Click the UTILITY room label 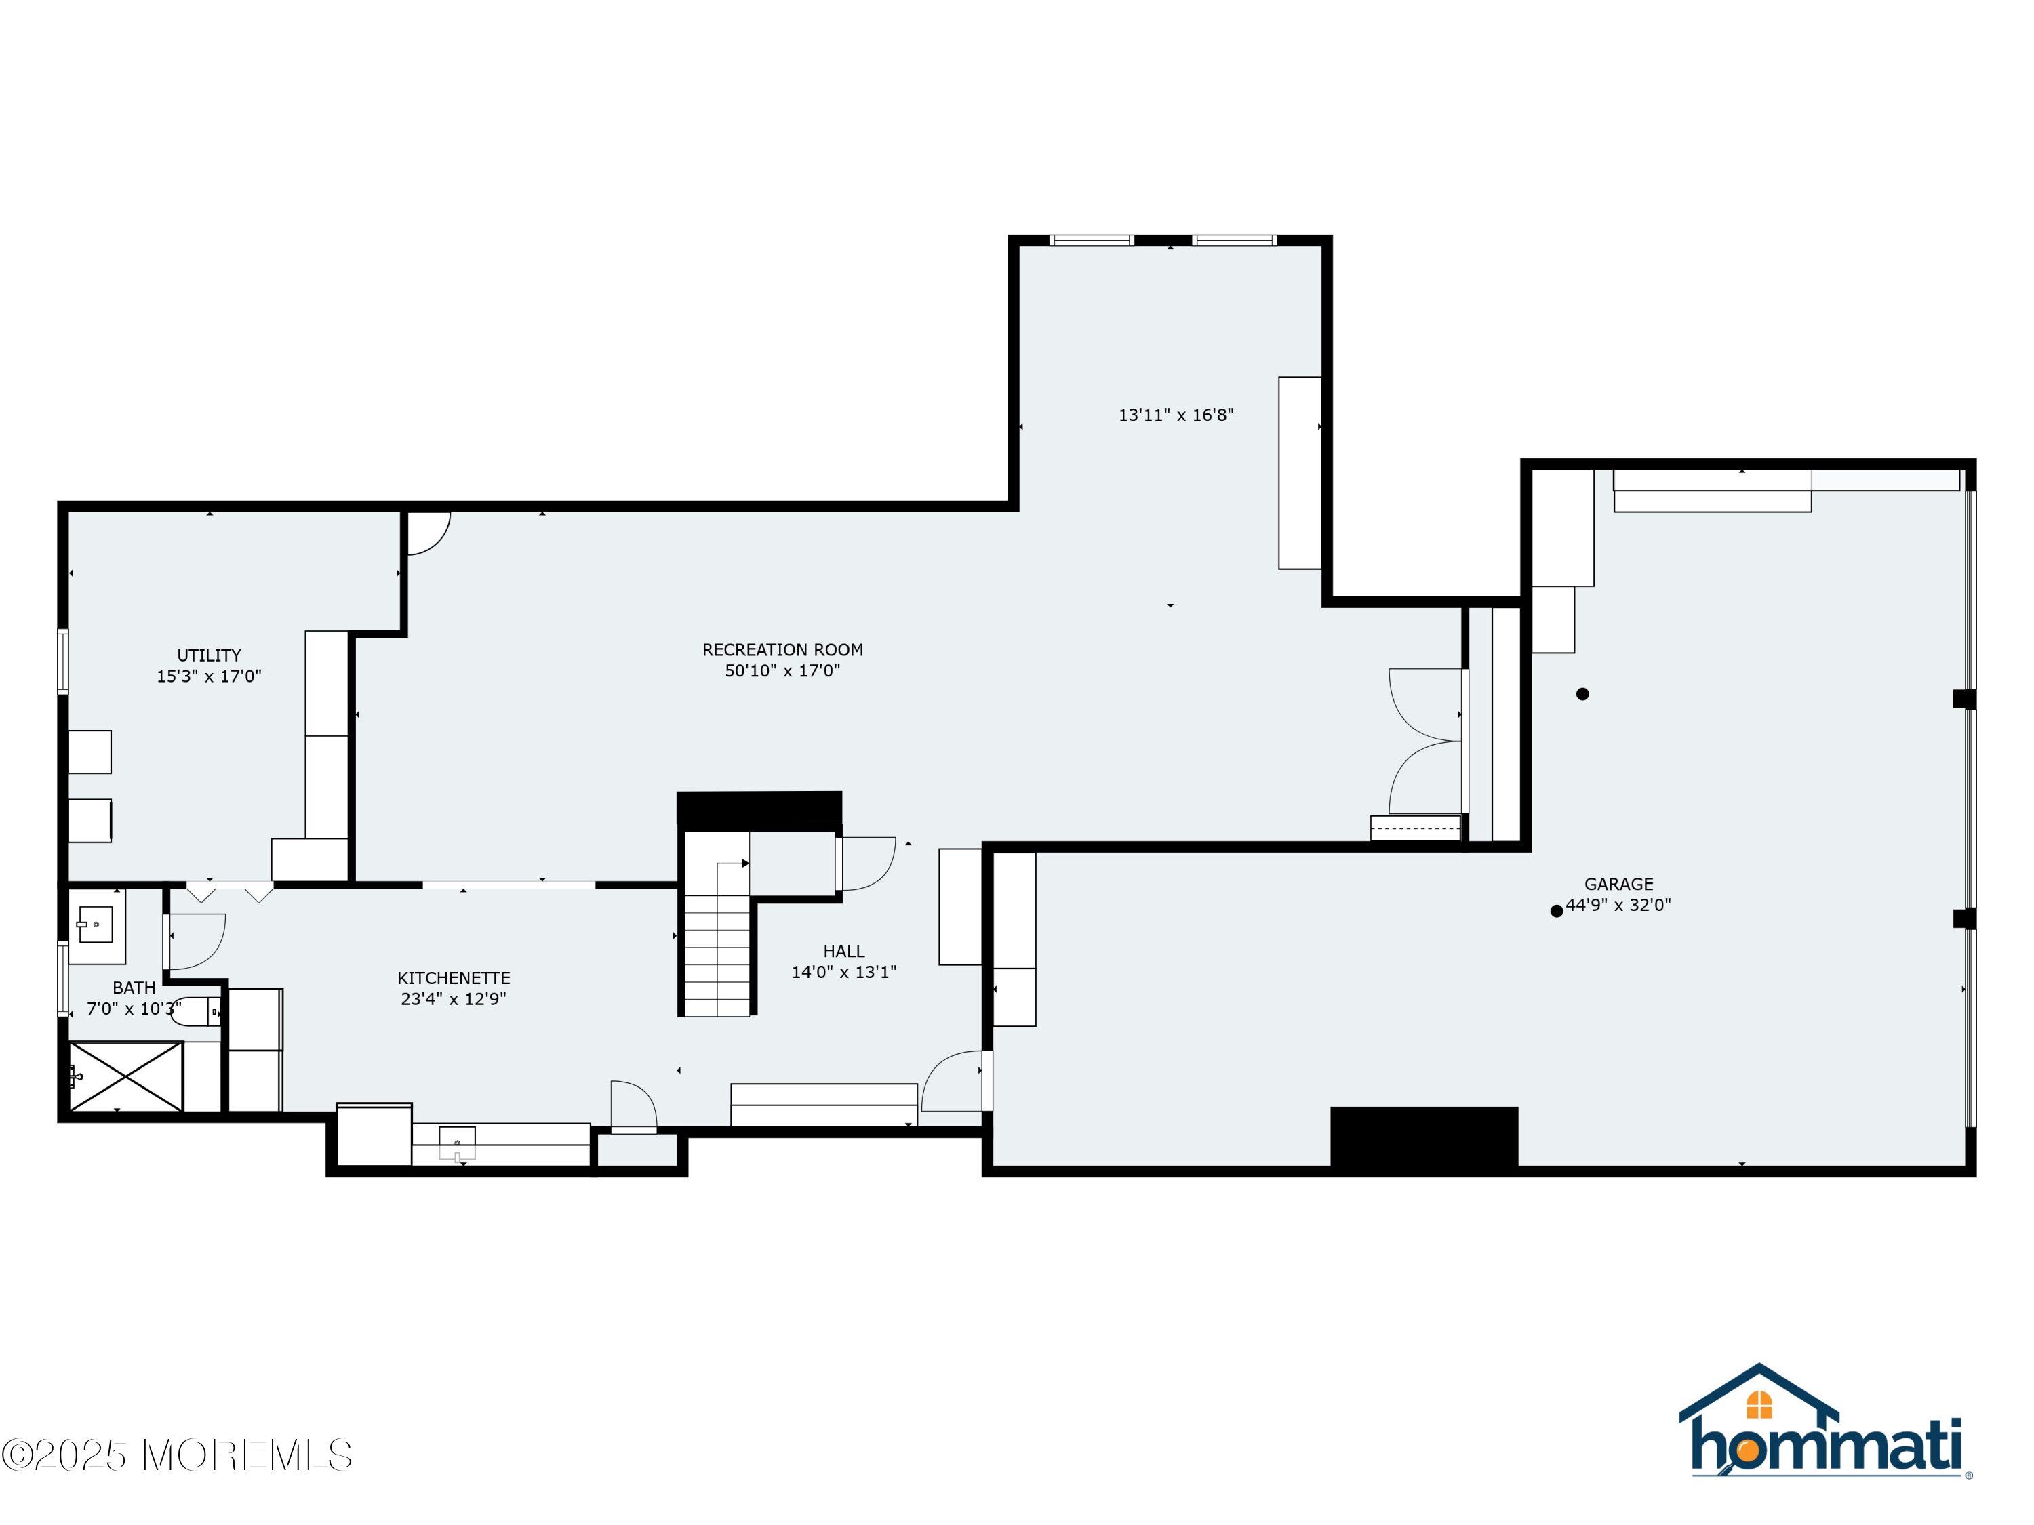pyautogui.click(x=209, y=655)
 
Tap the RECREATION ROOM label pyautogui.click(x=782, y=650)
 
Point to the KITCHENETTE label pyautogui.click(x=454, y=978)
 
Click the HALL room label pyautogui.click(x=844, y=952)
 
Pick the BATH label pyautogui.click(x=134, y=988)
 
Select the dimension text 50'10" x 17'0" pyautogui.click(x=782, y=671)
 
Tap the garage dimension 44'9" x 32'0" pyautogui.click(x=1618, y=905)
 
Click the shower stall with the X pyautogui.click(x=126, y=1076)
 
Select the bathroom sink pyautogui.click(x=95, y=924)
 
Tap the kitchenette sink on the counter pyautogui.click(x=457, y=1143)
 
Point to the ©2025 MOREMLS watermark pyautogui.click(x=176, y=1455)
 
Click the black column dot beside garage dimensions pyautogui.click(x=1557, y=911)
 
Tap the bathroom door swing pyautogui.click(x=196, y=941)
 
